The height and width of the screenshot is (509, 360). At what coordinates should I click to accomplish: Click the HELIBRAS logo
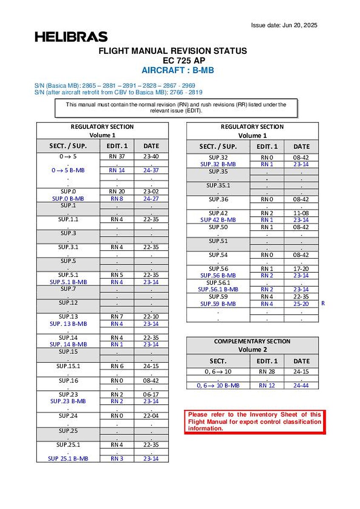click(71, 37)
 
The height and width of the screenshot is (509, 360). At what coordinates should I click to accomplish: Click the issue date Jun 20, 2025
click(284, 25)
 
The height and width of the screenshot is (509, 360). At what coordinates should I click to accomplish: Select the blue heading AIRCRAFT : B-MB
click(178, 70)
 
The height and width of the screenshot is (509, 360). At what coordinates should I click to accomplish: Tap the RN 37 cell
click(117, 157)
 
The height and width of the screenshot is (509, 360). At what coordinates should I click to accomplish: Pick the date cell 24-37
click(151, 171)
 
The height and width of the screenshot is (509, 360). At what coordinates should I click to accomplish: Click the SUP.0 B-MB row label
click(68, 199)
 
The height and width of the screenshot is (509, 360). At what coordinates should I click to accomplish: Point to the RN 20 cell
click(117, 191)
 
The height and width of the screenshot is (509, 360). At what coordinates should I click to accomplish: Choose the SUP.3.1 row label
click(68, 247)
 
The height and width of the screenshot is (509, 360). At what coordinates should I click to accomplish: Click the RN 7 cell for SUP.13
click(117, 317)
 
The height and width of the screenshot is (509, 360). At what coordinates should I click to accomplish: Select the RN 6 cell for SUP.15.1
click(117, 366)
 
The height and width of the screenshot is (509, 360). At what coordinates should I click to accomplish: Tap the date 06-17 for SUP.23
click(151, 394)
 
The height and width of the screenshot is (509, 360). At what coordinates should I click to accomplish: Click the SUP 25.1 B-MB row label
click(68, 459)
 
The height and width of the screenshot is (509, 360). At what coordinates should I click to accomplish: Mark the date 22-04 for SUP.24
click(151, 416)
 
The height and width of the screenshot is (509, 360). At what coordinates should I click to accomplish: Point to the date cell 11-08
click(301, 213)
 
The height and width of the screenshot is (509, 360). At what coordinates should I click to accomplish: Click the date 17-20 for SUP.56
click(301, 269)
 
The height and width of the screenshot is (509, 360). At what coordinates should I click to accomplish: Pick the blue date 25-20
click(301, 304)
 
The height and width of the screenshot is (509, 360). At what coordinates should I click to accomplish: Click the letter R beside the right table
click(323, 304)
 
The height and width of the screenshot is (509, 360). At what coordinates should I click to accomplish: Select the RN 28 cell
click(267, 372)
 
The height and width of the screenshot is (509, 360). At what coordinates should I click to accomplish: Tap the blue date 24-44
click(301, 386)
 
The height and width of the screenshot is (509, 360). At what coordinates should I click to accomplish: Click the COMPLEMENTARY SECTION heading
click(252, 341)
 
